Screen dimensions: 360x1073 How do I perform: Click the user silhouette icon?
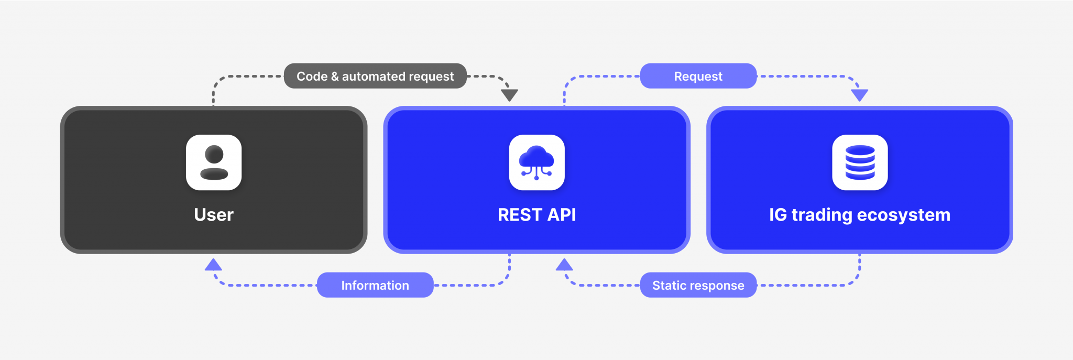coord(214,162)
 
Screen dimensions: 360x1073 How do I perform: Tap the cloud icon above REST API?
coord(536,162)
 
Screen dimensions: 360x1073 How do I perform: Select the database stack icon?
coord(860,162)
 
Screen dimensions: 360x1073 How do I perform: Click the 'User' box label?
coord(214,215)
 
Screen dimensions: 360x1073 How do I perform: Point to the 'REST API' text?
coord(536,215)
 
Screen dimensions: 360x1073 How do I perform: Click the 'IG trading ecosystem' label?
coord(859,215)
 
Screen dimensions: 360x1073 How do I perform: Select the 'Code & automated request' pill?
coord(375,77)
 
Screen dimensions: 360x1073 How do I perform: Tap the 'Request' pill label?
coord(698,77)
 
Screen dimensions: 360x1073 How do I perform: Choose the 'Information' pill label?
coord(375,286)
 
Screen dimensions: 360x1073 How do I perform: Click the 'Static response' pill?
coord(698,286)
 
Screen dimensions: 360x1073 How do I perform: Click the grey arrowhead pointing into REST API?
coord(509,95)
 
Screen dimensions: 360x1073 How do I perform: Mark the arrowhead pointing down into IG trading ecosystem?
coord(860,95)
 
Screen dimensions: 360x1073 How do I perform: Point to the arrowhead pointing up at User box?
coord(213,265)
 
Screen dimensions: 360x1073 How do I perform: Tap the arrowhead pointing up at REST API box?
coord(564,265)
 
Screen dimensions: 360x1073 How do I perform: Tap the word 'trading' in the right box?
coord(822,215)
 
